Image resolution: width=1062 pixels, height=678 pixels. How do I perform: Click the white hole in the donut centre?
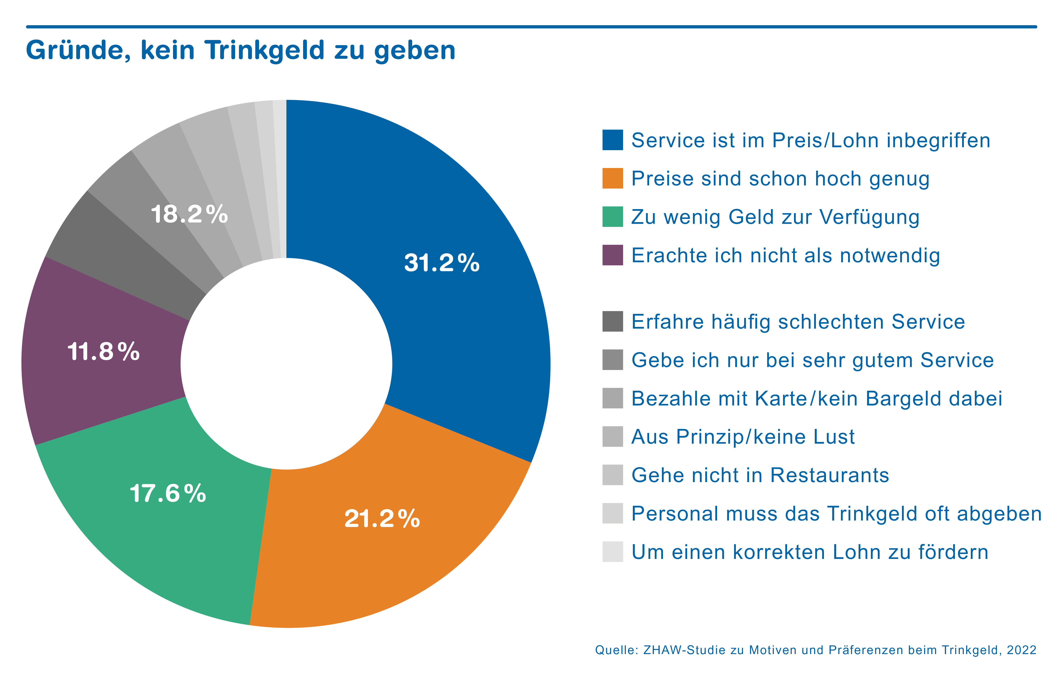(286, 364)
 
